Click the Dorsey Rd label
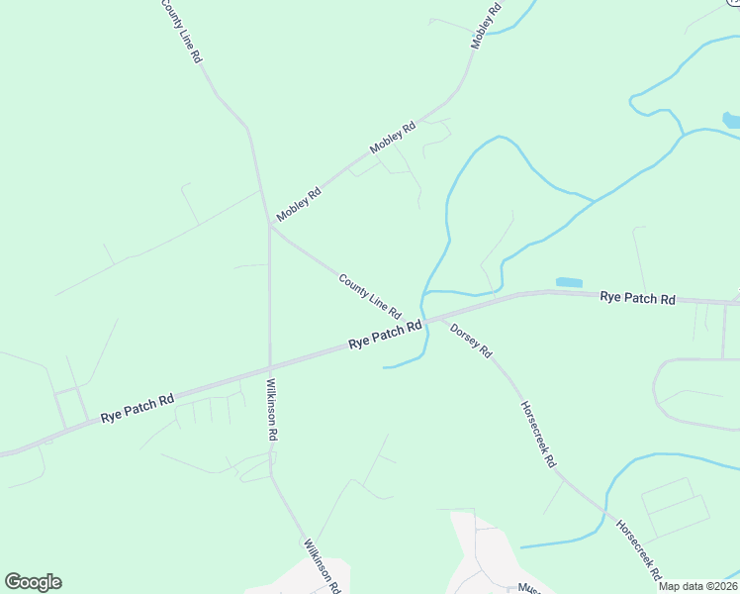coord(471,341)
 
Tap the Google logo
coord(33,582)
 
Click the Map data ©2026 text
coord(698,585)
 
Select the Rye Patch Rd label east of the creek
coord(637,297)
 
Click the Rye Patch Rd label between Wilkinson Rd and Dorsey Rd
coord(385,335)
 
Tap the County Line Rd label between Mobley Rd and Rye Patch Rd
coord(369,296)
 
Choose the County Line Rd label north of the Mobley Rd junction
coord(181,32)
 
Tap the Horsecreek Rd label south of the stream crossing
coord(639,550)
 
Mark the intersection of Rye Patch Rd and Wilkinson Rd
coord(270,367)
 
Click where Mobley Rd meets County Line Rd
coord(270,225)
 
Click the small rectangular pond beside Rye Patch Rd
coord(569,282)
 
